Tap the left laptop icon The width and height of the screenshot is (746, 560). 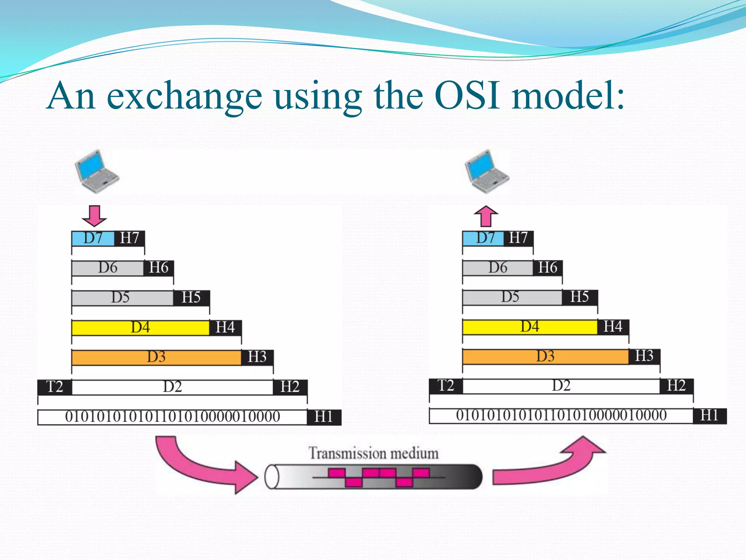tap(96, 171)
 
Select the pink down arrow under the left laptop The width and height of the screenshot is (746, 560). tap(94, 216)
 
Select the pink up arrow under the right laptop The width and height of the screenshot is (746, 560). tap(486, 216)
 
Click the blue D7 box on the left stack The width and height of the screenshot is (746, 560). tap(93, 238)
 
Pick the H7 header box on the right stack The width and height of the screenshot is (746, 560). tap(518, 238)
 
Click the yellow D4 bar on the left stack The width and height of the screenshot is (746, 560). tap(140, 327)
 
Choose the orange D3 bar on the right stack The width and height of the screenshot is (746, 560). tap(545, 356)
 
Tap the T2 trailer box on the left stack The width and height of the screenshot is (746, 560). tap(55, 387)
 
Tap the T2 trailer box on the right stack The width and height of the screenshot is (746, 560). tap(446, 386)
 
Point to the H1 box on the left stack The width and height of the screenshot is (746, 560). tap(324, 417)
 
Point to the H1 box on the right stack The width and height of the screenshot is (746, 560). tap(709, 416)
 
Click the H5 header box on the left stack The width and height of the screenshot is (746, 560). tap(191, 297)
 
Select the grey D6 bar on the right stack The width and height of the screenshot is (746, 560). tap(498, 268)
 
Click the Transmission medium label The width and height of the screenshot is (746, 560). tap(374, 453)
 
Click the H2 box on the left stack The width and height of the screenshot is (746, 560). tap(290, 387)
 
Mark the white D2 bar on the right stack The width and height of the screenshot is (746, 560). tap(561, 386)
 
